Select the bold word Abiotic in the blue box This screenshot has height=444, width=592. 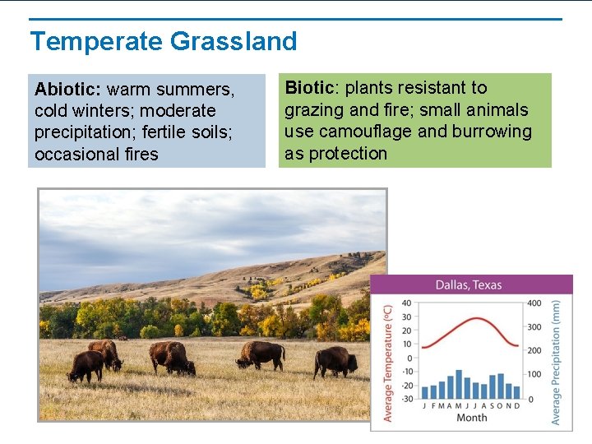(x=68, y=89)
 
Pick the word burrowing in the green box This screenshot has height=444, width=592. (x=492, y=132)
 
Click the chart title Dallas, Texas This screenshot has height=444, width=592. (x=468, y=285)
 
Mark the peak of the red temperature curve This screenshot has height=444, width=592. (x=471, y=317)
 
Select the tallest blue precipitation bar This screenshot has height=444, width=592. (x=458, y=384)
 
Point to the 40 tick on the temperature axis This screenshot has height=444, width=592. (x=405, y=303)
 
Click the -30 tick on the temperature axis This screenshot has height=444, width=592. (x=405, y=399)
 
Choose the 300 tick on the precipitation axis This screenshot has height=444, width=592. (x=534, y=327)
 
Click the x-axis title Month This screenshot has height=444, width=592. (x=471, y=418)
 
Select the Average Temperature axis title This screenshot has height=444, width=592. (x=388, y=362)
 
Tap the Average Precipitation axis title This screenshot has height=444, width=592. (x=557, y=362)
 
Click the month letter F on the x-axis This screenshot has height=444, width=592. (x=432, y=405)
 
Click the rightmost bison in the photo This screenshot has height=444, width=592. (x=335, y=361)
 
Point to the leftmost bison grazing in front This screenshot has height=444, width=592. (x=86, y=366)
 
